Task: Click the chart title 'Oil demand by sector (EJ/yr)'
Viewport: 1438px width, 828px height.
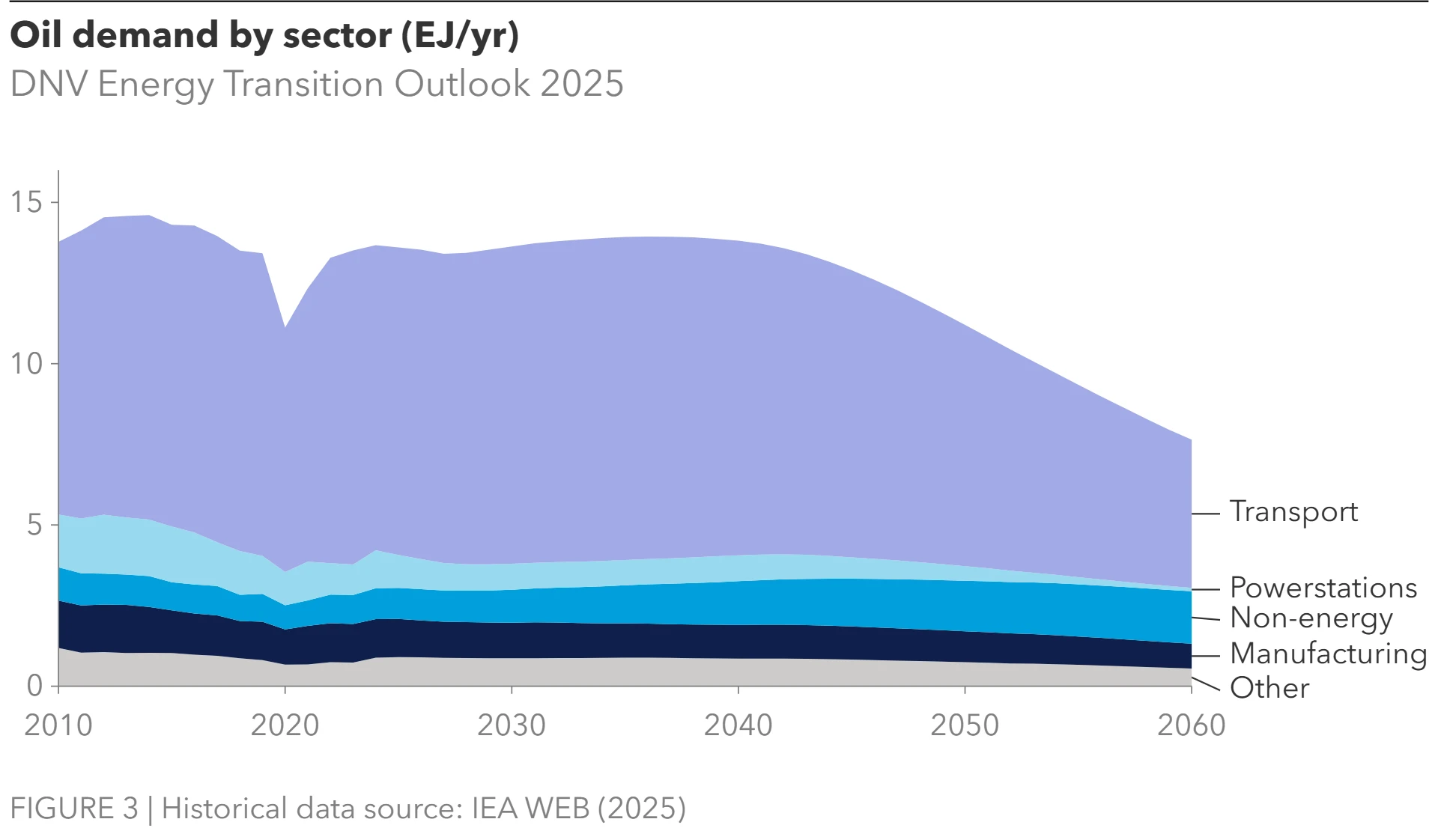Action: pos(264,35)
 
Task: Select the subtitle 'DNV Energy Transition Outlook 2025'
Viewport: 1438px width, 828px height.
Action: pos(317,84)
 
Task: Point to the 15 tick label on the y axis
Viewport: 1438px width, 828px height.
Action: pos(26,202)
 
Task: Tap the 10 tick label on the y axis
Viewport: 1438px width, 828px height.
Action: pos(26,364)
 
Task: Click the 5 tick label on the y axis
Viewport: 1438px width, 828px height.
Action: pos(34,525)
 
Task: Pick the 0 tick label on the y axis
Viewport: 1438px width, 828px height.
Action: pos(34,686)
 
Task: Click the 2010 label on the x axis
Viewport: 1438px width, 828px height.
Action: pos(58,725)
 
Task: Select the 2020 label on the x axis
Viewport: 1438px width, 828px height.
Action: pos(285,725)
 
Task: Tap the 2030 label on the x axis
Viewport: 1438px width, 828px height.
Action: pos(512,725)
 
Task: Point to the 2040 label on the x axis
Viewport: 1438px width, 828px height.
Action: pos(738,725)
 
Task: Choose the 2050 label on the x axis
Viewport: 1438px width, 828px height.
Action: pos(965,725)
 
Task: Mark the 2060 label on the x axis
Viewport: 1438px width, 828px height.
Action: pos(1192,725)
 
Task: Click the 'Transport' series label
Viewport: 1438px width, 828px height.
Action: pos(1293,512)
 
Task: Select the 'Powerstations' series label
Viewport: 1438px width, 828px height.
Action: pos(1323,588)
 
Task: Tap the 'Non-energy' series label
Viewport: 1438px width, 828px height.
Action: pos(1311,618)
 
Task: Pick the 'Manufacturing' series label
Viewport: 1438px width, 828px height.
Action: pos(1329,654)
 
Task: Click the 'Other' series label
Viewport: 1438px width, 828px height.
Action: pos(1269,688)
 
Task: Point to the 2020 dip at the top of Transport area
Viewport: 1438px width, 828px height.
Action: pos(285,328)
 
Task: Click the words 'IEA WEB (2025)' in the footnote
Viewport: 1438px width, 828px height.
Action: pos(578,809)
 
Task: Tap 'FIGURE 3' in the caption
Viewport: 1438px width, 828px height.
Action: pos(74,809)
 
